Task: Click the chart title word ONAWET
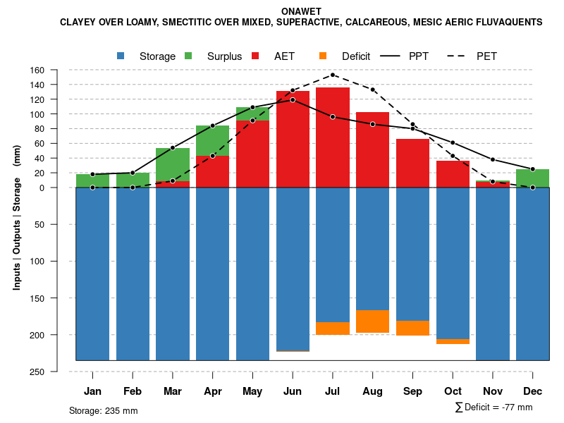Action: pos(301,12)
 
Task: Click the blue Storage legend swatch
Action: pos(121,56)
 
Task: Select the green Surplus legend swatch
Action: pos(188,56)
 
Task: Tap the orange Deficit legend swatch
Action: pos(323,56)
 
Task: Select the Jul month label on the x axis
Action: pos(333,391)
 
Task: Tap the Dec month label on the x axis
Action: pos(533,391)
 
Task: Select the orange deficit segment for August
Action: pos(373,321)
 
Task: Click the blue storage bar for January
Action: pos(92,274)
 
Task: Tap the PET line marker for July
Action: pos(333,75)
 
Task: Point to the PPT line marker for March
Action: pos(173,148)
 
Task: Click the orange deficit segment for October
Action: pos(453,341)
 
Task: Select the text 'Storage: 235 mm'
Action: pos(104,410)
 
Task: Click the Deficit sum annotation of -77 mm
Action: pos(494,407)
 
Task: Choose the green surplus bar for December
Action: pos(533,178)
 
